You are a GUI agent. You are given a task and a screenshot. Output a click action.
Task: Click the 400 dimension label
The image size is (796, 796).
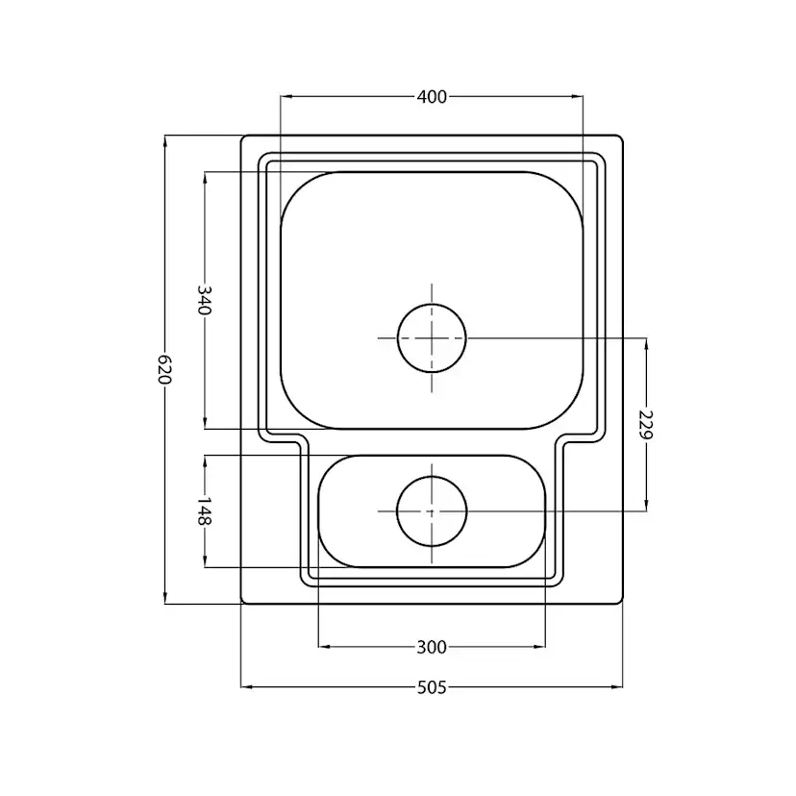(x=432, y=96)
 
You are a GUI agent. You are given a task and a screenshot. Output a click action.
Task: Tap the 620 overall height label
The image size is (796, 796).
(x=165, y=369)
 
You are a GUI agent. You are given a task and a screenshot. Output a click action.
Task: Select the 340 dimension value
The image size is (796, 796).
(x=204, y=300)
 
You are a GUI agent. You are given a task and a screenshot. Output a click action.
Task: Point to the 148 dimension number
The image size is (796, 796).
(x=204, y=510)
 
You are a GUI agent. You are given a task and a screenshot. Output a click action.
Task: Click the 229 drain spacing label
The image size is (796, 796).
(x=646, y=424)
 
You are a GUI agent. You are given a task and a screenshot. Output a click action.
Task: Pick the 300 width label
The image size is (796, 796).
(x=432, y=647)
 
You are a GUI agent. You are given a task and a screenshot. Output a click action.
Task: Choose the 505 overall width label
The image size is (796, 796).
(x=432, y=687)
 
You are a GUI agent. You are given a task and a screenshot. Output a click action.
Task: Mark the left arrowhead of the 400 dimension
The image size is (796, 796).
(x=286, y=96)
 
